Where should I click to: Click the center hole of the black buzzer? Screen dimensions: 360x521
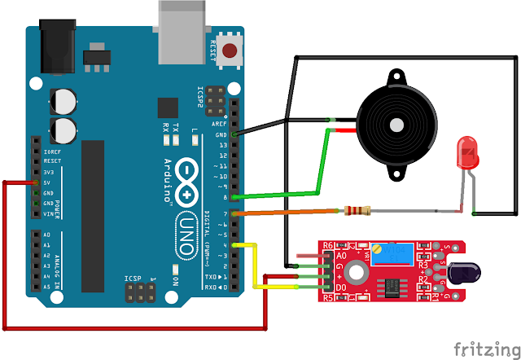point(396,126)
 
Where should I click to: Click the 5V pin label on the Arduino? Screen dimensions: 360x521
point(48,182)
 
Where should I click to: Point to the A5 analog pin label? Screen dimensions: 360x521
point(48,287)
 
